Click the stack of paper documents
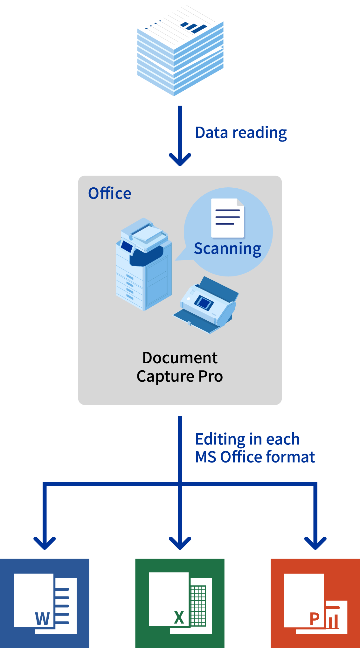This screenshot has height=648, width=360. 180,51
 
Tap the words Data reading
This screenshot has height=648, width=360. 241,133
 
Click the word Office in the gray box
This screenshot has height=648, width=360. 110,193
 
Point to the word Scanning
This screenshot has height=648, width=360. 227,248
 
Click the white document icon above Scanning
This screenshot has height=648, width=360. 228,218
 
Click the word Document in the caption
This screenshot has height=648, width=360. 180,358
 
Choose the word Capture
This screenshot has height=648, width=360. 165,376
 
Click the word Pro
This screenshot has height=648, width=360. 211,376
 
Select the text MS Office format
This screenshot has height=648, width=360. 255,457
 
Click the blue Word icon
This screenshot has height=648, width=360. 45,603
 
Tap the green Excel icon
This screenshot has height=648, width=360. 180,603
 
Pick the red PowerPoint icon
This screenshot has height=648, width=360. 315,603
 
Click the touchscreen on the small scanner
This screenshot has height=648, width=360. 203,303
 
